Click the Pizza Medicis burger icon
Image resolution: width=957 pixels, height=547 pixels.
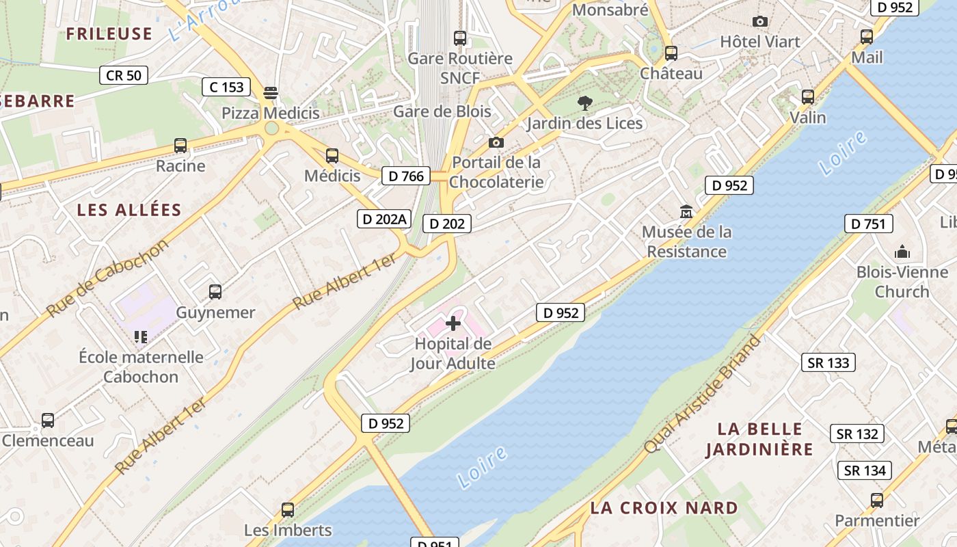pyautogui.click(x=271, y=92)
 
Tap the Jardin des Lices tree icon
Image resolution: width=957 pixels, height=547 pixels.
pyautogui.click(x=584, y=103)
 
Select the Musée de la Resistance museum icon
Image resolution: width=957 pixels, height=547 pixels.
pyautogui.click(x=686, y=212)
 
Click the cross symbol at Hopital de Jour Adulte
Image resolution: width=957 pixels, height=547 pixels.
pyautogui.click(x=453, y=323)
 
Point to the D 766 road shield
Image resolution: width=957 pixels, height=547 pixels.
pyautogui.click(x=406, y=176)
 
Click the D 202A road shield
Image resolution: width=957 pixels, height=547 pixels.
pyautogui.click(x=385, y=219)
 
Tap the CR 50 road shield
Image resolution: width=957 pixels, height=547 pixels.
pyautogui.click(x=124, y=75)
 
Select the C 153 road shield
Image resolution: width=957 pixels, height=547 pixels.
pyautogui.click(x=226, y=87)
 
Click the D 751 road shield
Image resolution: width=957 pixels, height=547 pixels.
pyautogui.click(x=868, y=224)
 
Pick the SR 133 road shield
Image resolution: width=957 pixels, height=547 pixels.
pyautogui.click(x=828, y=362)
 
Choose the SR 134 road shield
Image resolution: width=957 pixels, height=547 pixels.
pyautogui.click(x=865, y=470)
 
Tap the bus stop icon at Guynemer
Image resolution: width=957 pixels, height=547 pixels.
pyautogui.click(x=215, y=292)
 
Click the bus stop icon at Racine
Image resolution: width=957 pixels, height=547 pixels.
pyautogui.click(x=180, y=146)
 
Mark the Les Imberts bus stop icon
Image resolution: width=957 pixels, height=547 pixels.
pyautogui.click(x=288, y=509)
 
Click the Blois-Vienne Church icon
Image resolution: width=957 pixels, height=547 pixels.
pyautogui.click(x=902, y=252)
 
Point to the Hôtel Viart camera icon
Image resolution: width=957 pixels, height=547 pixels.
pyautogui.click(x=759, y=22)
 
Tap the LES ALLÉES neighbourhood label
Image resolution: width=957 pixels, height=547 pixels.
pyautogui.click(x=129, y=210)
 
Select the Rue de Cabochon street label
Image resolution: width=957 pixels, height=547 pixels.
pyautogui.click(x=107, y=278)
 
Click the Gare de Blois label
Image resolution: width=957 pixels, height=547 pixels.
pyautogui.click(x=442, y=111)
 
